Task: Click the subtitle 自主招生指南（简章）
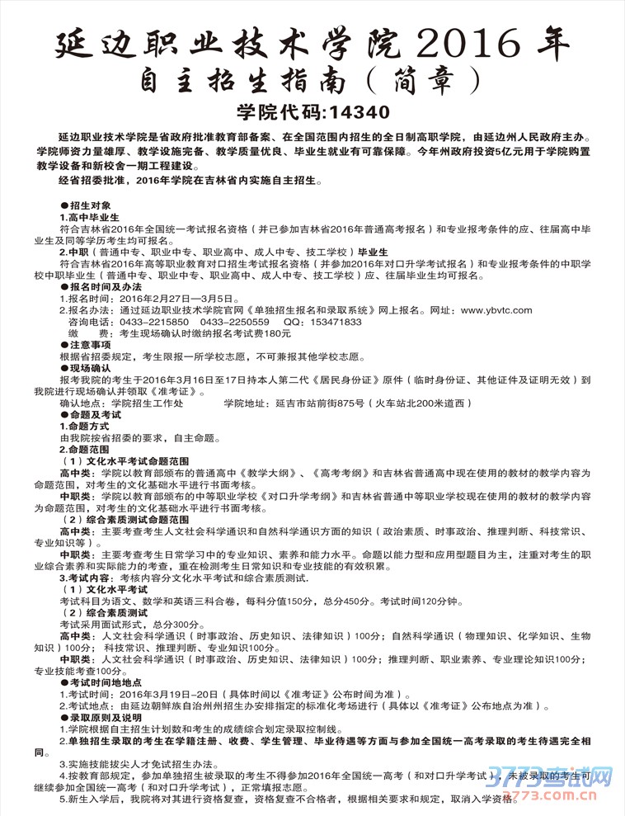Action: pyautogui.click(x=313, y=80)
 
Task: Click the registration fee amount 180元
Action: pyautogui.click(x=275, y=333)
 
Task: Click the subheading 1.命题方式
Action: pyautogui.click(x=84, y=427)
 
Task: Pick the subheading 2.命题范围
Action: pyautogui.click(x=84, y=450)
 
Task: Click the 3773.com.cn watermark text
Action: pyautogui.click(x=557, y=796)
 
